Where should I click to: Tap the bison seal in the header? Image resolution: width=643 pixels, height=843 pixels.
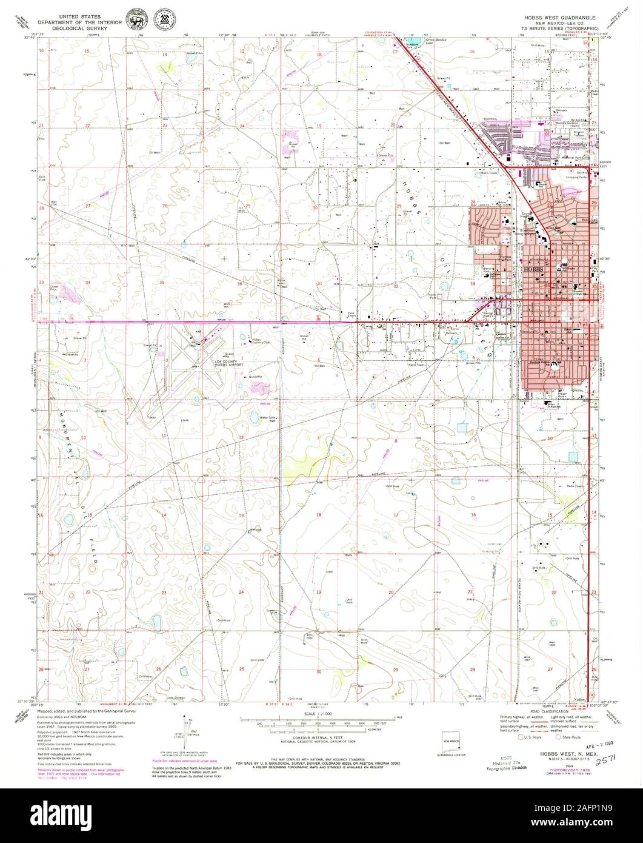(x=132, y=17)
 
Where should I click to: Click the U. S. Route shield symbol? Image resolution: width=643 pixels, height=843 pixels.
(x=519, y=737)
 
